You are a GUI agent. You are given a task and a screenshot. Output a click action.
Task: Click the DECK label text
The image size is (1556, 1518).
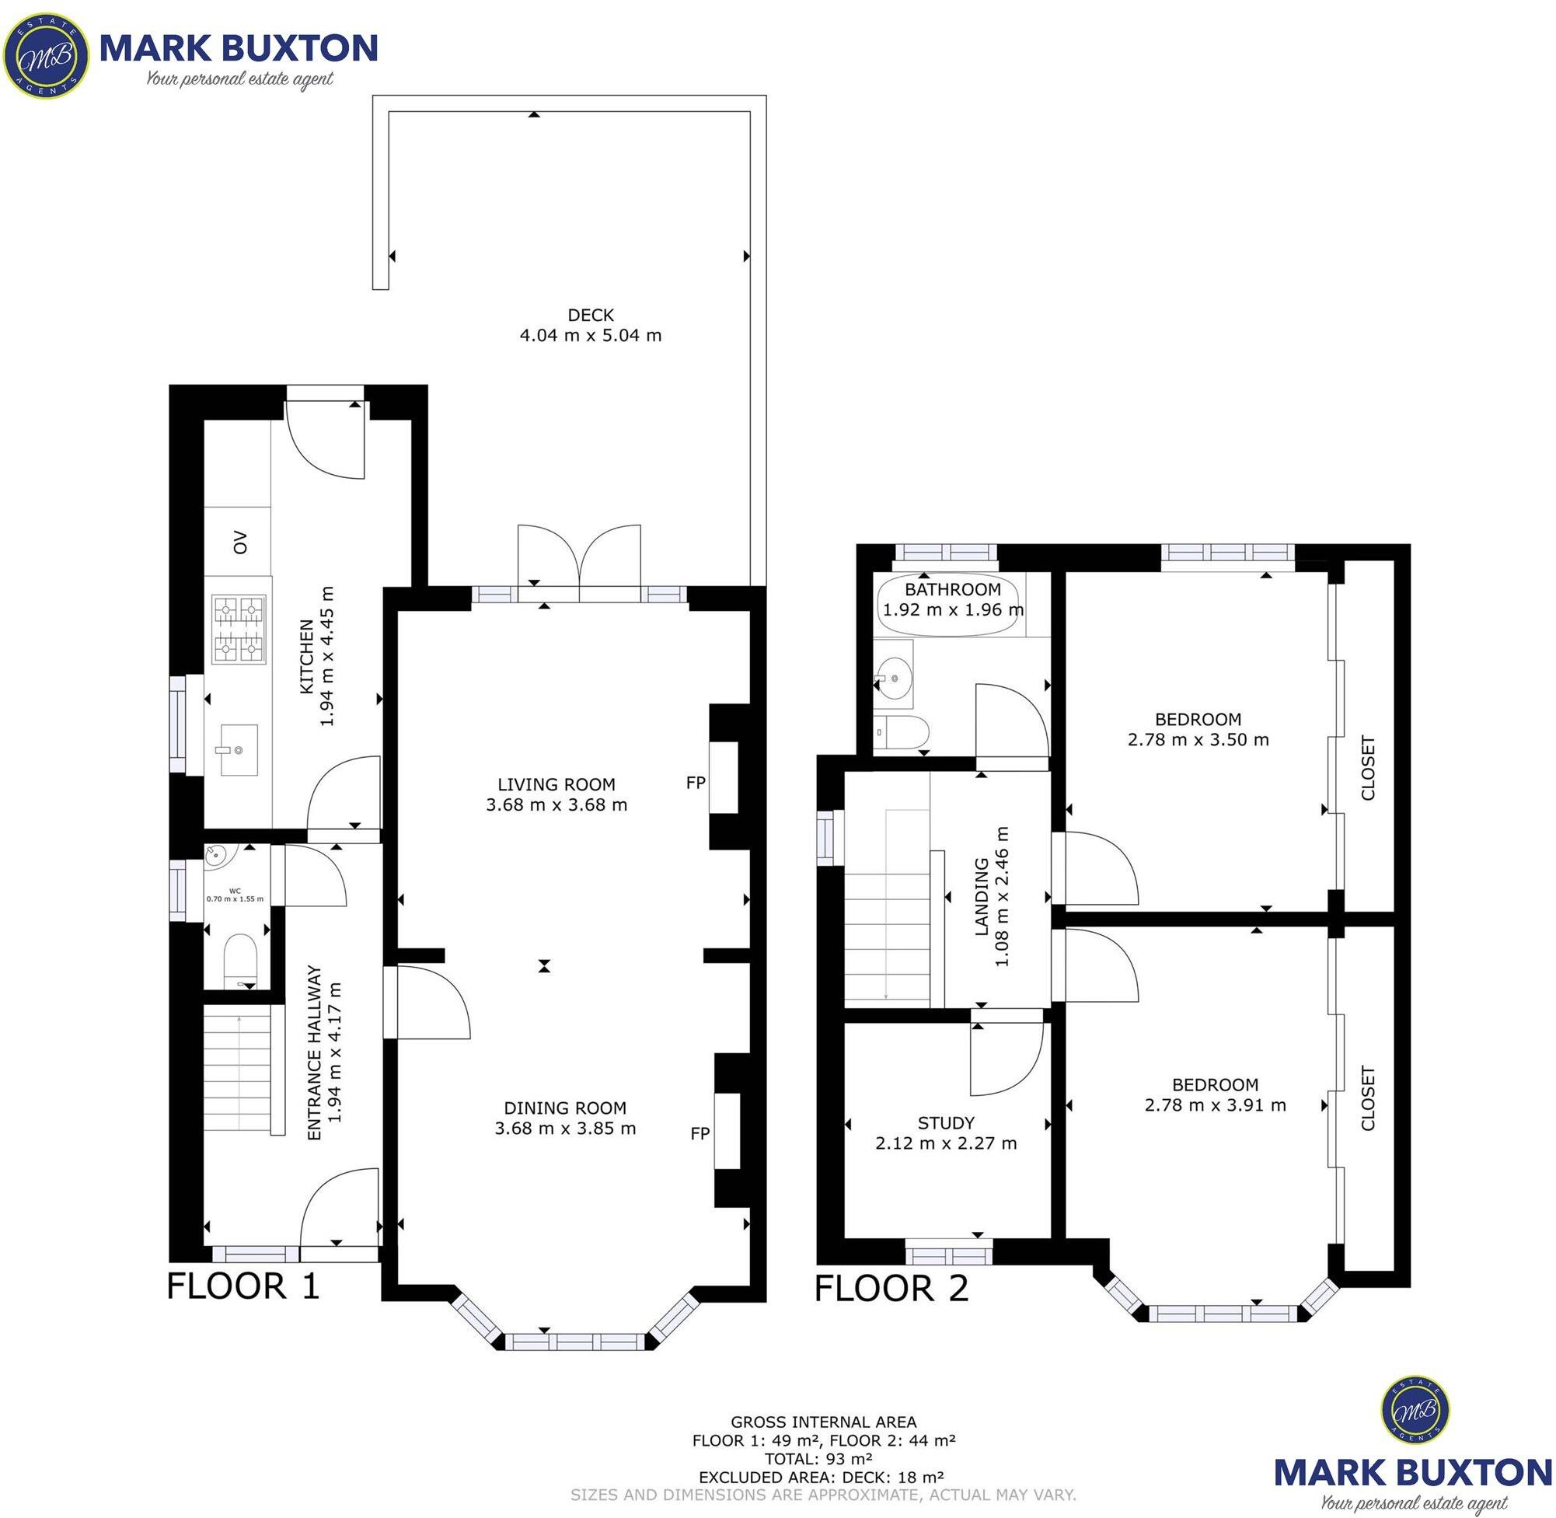pos(591,315)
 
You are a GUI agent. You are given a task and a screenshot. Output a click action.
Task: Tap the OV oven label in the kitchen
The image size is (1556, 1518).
pos(240,543)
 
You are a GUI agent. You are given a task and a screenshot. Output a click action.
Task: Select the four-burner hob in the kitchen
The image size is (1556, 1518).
pos(239,630)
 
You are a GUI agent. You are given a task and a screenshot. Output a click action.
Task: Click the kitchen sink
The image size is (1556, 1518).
pos(238,749)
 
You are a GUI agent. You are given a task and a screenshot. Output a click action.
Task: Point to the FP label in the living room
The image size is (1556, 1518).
pos(696,783)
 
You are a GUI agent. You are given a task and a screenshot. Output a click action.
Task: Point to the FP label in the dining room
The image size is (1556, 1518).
pos(699,1133)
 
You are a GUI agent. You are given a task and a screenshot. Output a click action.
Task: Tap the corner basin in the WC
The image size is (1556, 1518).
pos(217,857)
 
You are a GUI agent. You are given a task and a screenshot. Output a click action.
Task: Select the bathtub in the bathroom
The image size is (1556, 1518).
pos(948,606)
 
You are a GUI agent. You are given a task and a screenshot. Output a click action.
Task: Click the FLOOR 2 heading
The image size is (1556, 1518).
pos(891,1289)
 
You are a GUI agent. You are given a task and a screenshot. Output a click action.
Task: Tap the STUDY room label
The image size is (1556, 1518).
pos(946,1123)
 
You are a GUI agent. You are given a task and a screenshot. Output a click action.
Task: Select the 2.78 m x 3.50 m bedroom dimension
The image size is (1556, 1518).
pos(1198,739)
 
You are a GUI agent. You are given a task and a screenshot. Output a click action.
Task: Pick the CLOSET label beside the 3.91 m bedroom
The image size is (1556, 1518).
pos(1368,1098)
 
